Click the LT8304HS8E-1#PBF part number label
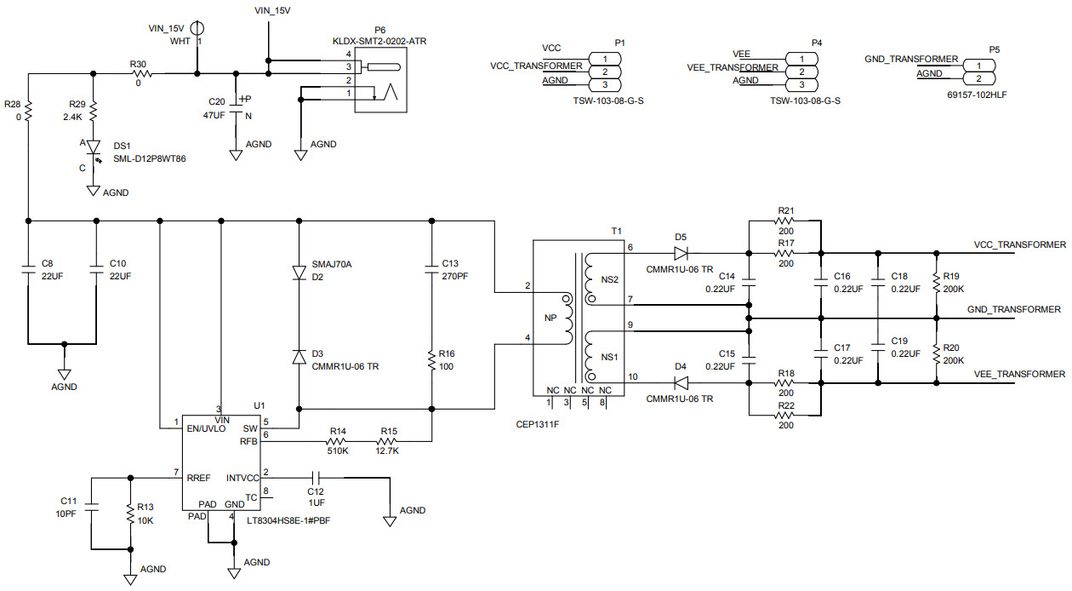click(288, 520)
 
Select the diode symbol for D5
click(681, 253)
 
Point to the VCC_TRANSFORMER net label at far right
click(1019, 244)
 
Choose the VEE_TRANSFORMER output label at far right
click(1019, 374)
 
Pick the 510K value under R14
click(339, 451)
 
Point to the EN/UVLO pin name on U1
click(206, 428)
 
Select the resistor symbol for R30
click(141, 74)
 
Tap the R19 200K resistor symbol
click(937, 283)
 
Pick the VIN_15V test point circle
click(197, 28)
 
